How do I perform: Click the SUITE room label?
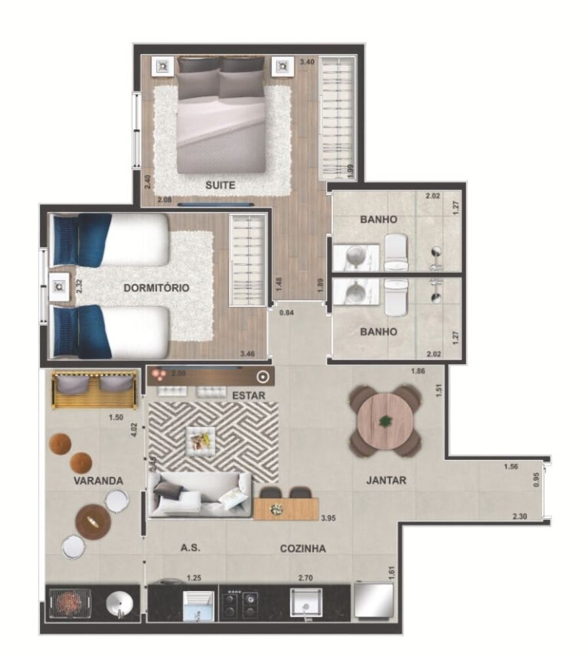tap(220, 186)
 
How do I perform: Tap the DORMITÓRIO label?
tap(156, 288)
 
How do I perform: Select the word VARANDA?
tap(98, 480)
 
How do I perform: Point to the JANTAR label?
tap(386, 480)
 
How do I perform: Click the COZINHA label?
tap(303, 548)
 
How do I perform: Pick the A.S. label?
tap(190, 548)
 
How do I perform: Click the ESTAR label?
tap(249, 396)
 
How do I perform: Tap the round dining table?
tap(385, 420)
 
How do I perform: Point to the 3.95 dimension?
tap(329, 518)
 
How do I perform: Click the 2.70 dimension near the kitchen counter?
tap(306, 578)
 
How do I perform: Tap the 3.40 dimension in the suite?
tap(306, 62)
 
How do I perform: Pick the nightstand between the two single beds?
tap(60, 286)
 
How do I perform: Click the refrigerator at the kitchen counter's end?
tap(373, 600)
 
